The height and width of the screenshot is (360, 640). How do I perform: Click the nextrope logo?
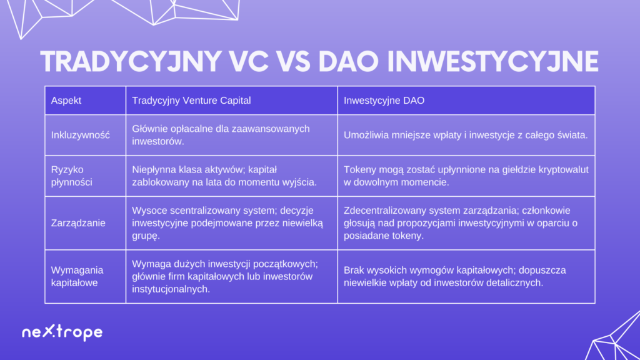[x=62, y=332]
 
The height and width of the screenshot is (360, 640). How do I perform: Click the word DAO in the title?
[x=349, y=62]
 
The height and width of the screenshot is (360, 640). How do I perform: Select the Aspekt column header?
[x=85, y=101]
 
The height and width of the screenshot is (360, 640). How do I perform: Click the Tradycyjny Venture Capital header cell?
[x=232, y=101]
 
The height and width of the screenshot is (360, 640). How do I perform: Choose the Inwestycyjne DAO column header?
[x=466, y=101]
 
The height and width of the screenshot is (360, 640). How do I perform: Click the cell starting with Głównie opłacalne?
[x=232, y=135]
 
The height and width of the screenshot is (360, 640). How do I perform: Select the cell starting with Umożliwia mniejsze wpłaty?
[x=466, y=135]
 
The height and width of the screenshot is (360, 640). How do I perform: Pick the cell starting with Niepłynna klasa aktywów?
[x=232, y=176]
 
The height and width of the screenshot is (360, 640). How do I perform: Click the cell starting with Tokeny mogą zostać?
[x=466, y=176]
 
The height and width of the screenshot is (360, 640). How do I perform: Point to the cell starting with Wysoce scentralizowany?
[x=232, y=223]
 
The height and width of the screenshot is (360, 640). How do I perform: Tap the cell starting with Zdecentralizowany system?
[x=466, y=223]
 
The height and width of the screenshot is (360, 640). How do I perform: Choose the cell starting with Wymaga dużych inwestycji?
[x=232, y=276]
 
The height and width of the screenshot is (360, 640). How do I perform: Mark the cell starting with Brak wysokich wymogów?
[x=466, y=276]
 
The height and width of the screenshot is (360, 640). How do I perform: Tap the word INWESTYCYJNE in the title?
[x=492, y=62]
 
